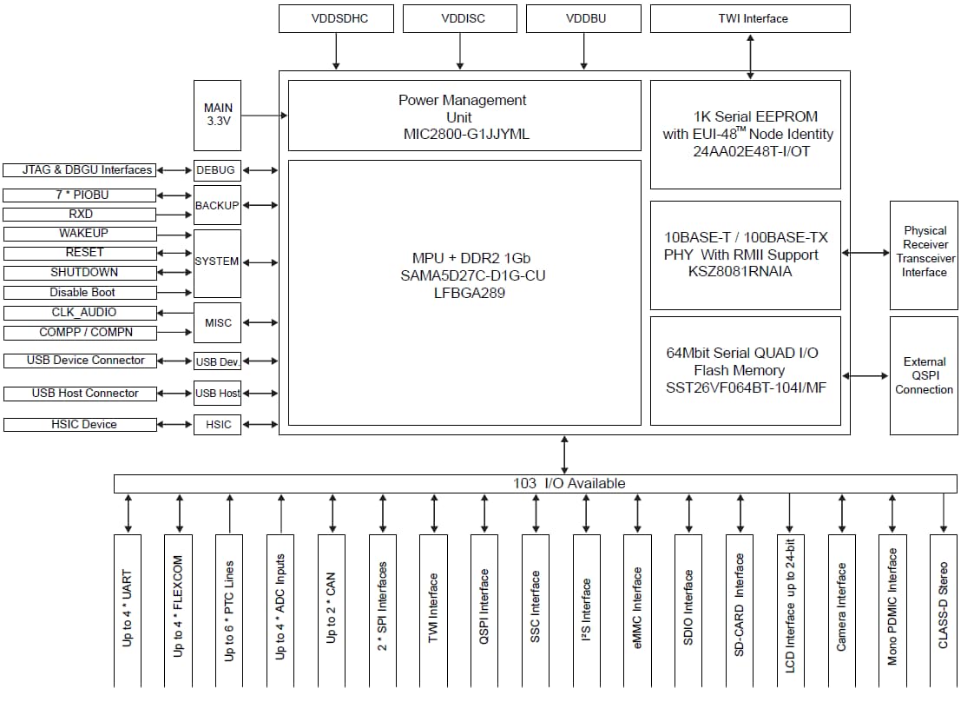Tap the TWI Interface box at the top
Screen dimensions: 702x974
click(x=750, y=18)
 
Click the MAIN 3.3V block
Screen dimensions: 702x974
click(x=218, y=115)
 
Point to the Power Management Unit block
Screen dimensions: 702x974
click(x=462, y=116)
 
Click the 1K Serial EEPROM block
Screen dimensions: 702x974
click(x=746, y=134)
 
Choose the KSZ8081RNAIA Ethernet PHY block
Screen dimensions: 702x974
click(x=746, y=255)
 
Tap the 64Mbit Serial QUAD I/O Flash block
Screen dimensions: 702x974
click(x=746, y=370)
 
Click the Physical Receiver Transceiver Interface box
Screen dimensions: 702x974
click(x=924, y=255)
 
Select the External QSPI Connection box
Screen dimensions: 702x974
click(x=924, y=375)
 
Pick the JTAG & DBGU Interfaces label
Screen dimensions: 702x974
click(x=80, y=170)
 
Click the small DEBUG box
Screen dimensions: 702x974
click(x=216, y=170)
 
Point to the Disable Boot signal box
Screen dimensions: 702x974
click(x=80, y=293)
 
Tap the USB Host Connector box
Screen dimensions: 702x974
click(x=80, y=394)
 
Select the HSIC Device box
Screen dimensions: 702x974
click(x=80, y=425)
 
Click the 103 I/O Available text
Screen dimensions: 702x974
click(x=569, y=483)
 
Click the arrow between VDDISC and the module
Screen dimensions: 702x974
click(x=460, y=51)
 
